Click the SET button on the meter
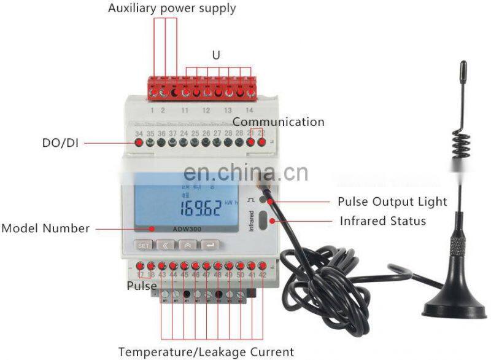click(144, 245)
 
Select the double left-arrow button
click(165, 245)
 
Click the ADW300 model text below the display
click(185, 230)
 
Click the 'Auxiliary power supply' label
click(172, 9)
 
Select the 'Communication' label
click(278, 122)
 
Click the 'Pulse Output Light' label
click(392, 202)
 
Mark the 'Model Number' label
click(45, 229)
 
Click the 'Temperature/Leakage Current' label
click(206, 352)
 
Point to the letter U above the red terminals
click(215, 55)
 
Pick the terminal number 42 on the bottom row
click(262, 275)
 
